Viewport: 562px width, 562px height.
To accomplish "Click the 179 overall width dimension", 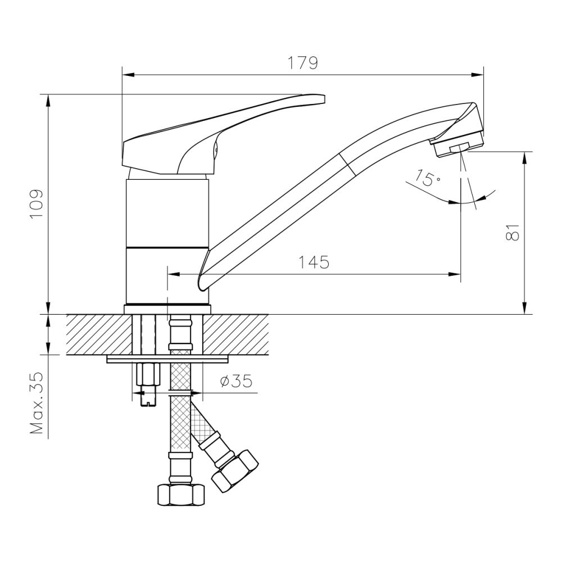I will point(303,64).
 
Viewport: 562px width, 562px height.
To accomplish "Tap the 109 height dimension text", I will point(35,205).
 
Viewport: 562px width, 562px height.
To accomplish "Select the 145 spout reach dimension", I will point(314,262).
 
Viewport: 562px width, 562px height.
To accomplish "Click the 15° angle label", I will point(428,179).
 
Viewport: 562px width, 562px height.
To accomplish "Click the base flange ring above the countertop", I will point(167,308).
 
